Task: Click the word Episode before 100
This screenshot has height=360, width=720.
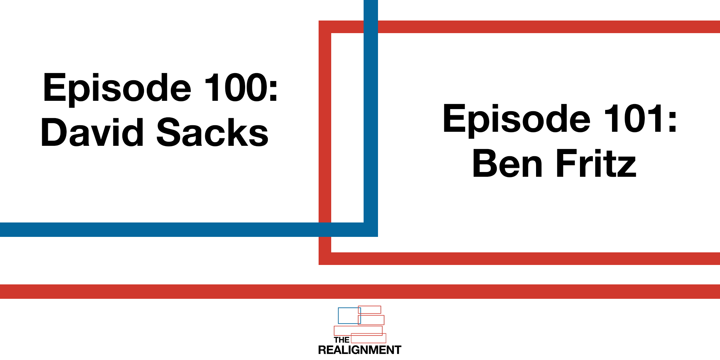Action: [117, 89]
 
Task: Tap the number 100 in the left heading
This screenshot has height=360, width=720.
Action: [235, 88]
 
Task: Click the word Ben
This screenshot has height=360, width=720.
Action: [508, 164]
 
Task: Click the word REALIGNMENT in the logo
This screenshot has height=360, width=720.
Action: [360, 350]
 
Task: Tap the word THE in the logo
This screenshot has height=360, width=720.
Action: [341, 340]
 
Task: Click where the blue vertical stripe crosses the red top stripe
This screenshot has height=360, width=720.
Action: [371, 27]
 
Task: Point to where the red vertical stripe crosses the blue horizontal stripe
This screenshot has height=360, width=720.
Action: [325, 230]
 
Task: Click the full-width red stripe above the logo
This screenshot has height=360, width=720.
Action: [360, 292]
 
